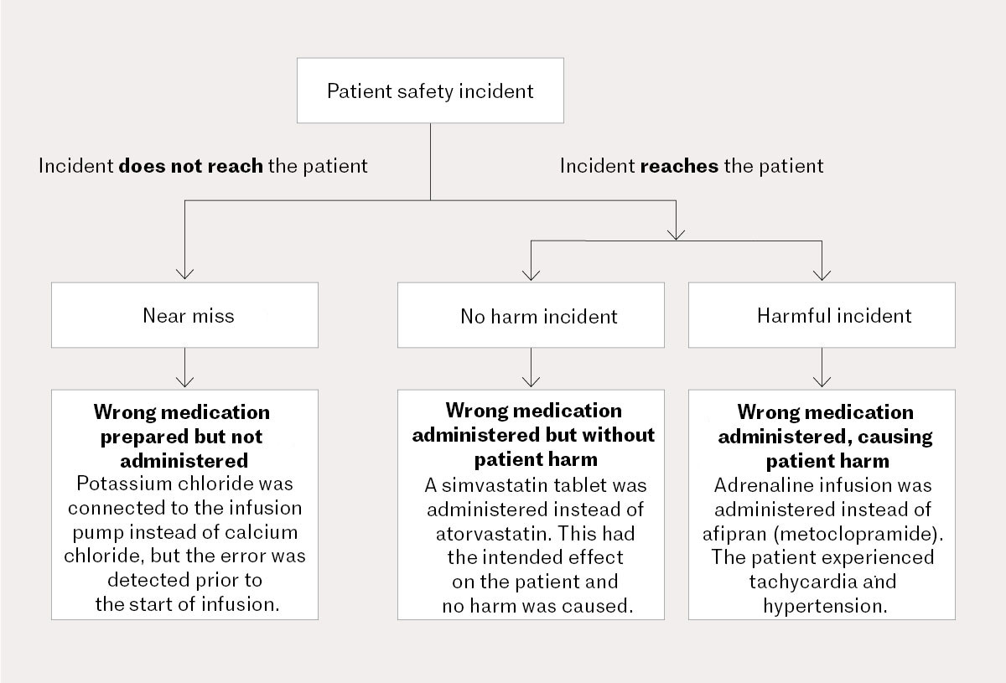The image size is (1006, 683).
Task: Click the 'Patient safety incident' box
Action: click(x=430, y=91)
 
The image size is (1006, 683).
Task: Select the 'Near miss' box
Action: click(x=184, y=315)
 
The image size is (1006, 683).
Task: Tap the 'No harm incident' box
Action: click(x=532, y=315)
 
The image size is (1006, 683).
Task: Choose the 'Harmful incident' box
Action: click(x=822, y=315)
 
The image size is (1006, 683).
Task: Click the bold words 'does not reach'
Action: click(x=190, y=166)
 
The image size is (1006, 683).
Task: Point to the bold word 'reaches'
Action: click(x=679, y=166)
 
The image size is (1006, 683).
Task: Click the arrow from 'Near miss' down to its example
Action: click(x=184, y=368)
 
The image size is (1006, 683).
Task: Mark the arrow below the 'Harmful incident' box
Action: click(x=822, y=368)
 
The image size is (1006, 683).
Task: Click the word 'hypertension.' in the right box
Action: click(x=824, y=605)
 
